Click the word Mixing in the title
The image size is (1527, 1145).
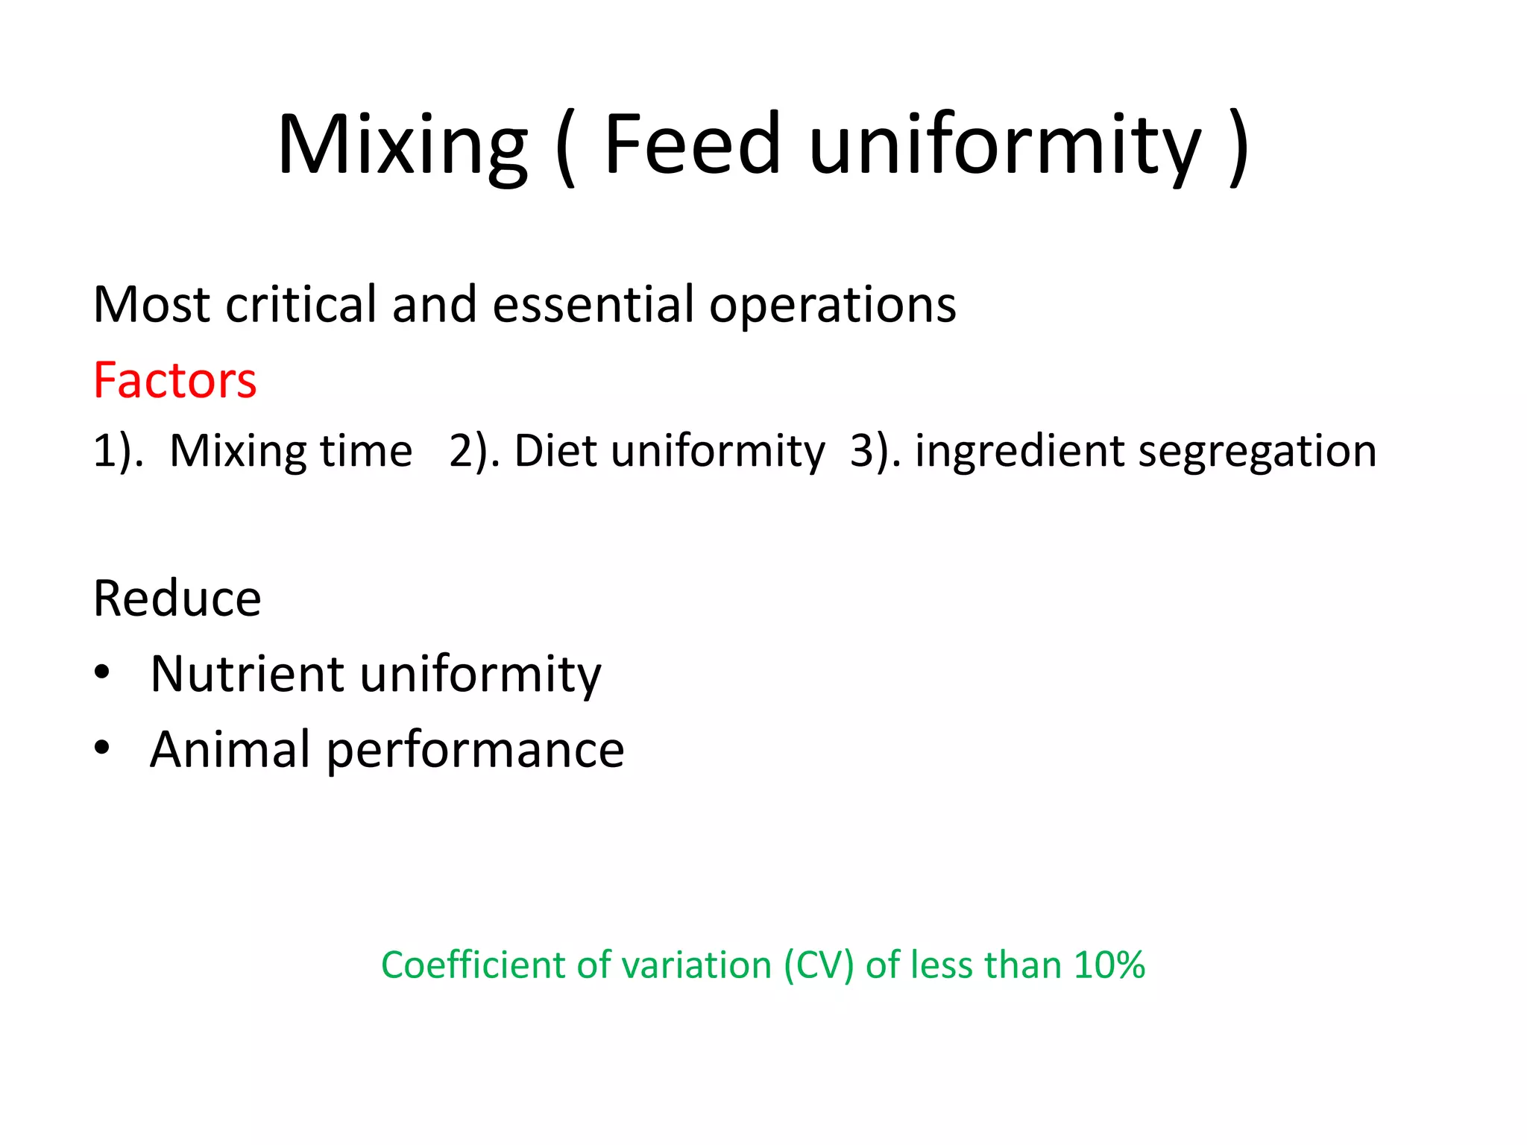click(x=403, y=145)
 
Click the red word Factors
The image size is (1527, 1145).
click(x=174, y=381)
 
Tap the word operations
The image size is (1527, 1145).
click(x=832, y=306)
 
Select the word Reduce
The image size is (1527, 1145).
click(x=177, y=599)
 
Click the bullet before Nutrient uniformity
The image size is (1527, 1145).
click(x=102, y=673)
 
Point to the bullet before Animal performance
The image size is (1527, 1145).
click(x=102, y=748)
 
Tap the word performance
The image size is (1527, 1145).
click(x=476, y=751)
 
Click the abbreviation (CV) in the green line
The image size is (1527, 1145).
click(x=818, y=966)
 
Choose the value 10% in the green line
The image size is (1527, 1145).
click(x=1109, y=965)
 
